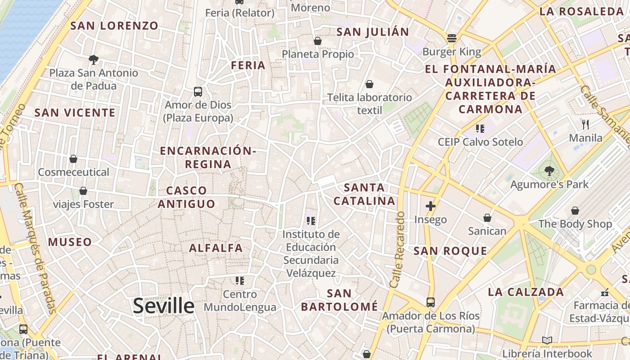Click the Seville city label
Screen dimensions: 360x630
164,306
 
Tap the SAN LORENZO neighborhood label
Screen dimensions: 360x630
114,26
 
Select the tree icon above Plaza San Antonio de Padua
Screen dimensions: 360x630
94,59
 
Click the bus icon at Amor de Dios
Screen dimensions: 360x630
198,92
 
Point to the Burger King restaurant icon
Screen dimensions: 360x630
452,38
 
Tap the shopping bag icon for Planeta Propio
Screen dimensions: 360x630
318,41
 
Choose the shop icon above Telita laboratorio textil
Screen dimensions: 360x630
369,84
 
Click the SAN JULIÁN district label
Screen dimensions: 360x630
373,32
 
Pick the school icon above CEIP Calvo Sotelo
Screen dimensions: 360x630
480,129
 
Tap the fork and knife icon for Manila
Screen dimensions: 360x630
585,124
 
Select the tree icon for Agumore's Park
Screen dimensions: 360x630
549,171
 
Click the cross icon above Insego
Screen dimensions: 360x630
431,206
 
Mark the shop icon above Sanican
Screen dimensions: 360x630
487,218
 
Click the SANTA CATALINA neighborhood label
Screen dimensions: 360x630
364,194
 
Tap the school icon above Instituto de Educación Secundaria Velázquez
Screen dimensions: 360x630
310,221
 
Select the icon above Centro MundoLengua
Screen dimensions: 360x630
240,281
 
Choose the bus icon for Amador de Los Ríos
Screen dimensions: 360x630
431,302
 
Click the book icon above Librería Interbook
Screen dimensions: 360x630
547,340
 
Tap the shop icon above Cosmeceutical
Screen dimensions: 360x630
73,159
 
